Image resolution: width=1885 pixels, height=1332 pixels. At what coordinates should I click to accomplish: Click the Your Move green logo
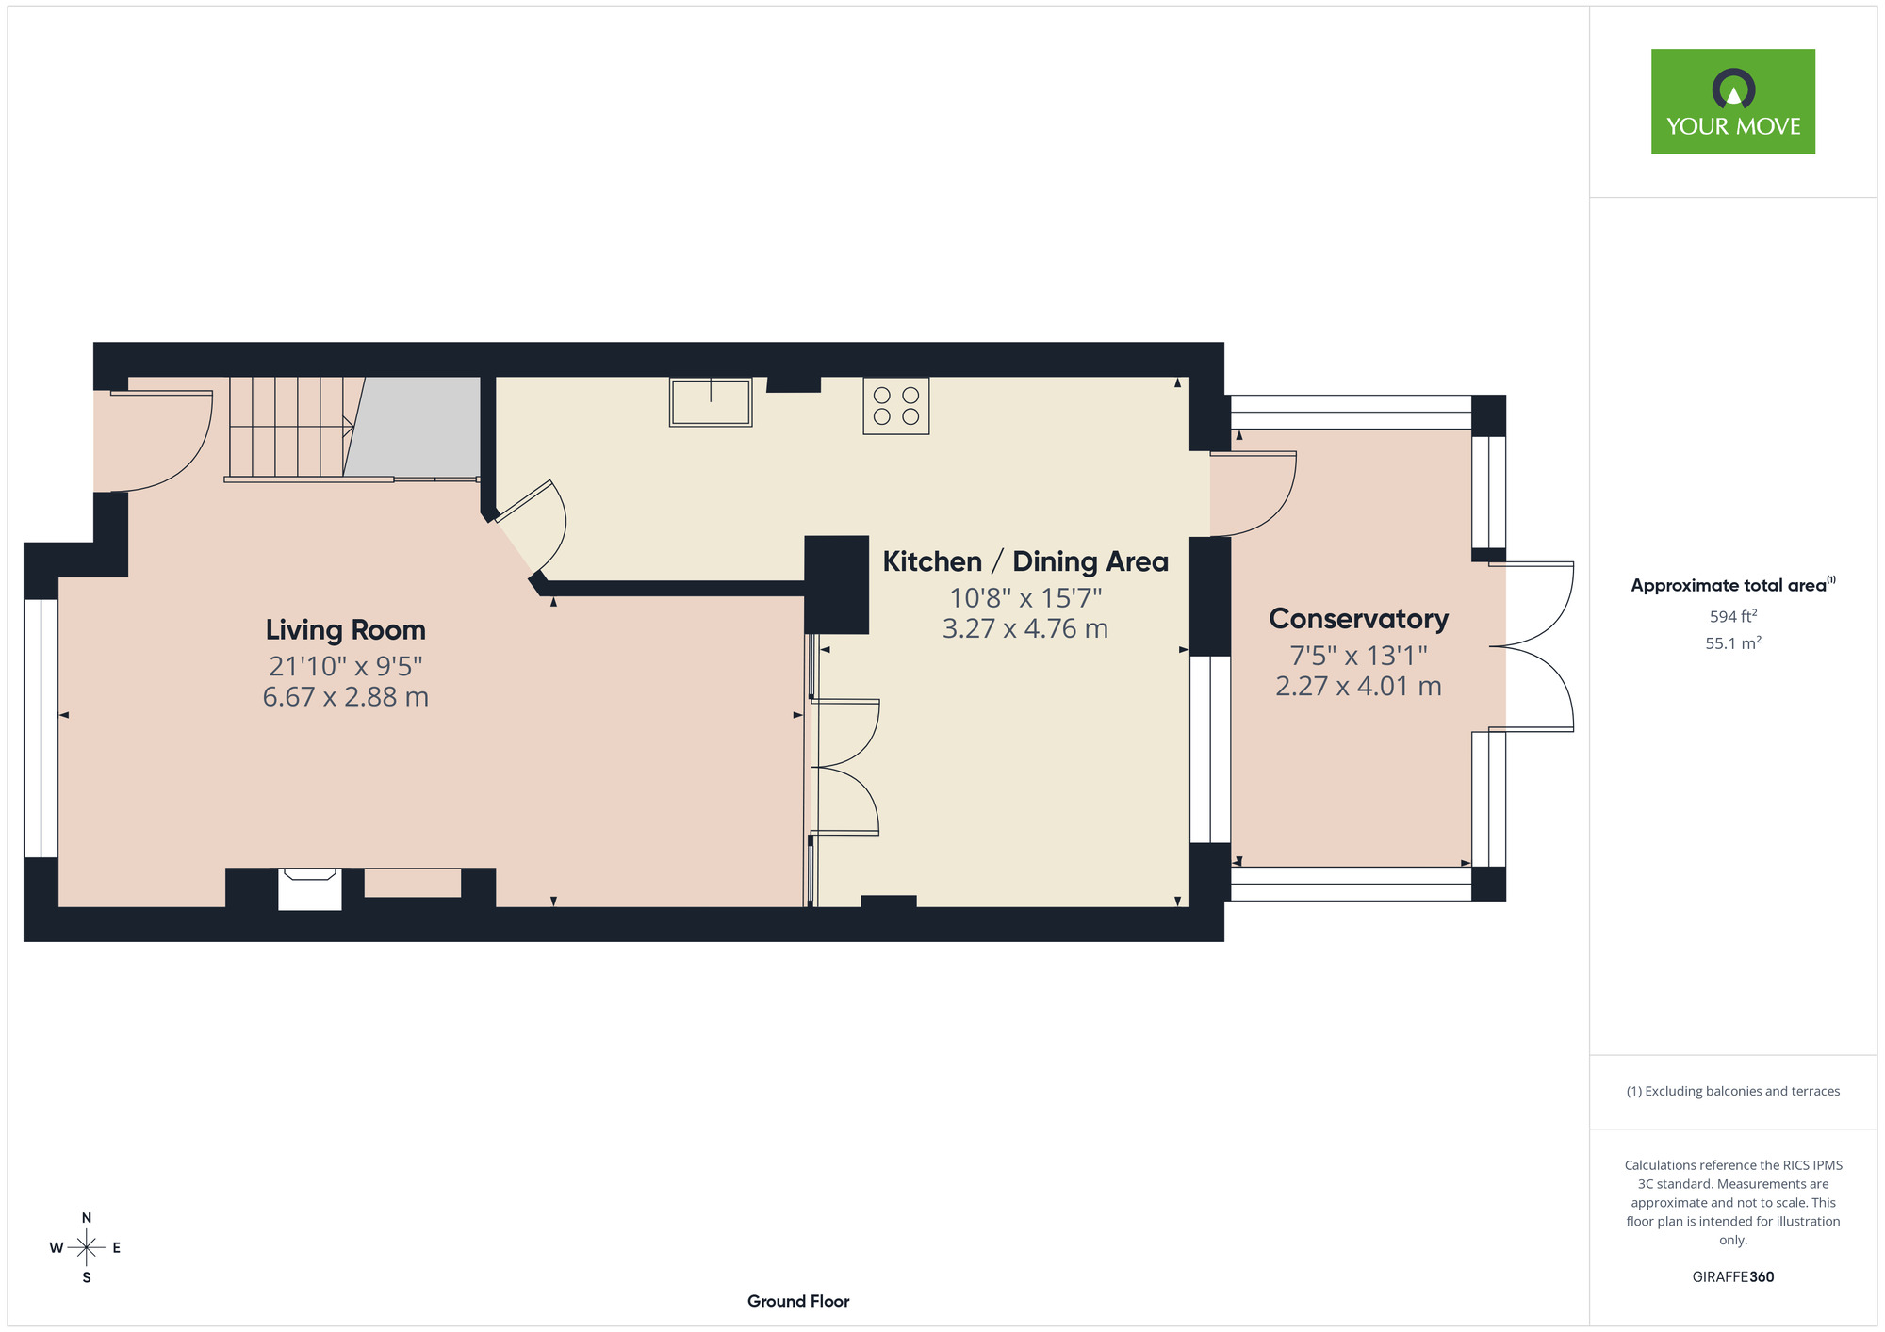click(1732, 102)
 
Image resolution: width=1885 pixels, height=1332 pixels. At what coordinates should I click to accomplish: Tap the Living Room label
click(345, 629)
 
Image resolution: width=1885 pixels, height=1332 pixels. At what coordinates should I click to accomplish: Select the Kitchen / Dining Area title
click(1024, 561)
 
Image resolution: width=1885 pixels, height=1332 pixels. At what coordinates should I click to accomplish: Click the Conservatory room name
click(1358, 619)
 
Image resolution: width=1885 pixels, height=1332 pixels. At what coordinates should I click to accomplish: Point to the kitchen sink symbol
click(711, 402)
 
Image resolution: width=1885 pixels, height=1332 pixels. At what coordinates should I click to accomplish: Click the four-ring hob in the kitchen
click(895, 406)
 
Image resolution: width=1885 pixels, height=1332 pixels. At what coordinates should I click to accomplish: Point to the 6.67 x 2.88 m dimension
click(345, 697)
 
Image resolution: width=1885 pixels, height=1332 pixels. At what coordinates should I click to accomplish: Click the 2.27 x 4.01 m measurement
click(1358, 686)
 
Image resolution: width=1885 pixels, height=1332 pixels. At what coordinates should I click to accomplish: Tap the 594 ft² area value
click(1732, 616)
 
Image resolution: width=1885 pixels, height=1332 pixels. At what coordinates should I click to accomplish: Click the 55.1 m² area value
click(1732, 643)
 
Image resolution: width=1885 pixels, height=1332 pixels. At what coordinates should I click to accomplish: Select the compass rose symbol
click(86, 1248)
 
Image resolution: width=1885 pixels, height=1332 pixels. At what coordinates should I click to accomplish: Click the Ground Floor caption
click(798, 1301)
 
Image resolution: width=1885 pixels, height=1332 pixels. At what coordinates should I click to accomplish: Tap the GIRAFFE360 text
click(1732, 1277)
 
